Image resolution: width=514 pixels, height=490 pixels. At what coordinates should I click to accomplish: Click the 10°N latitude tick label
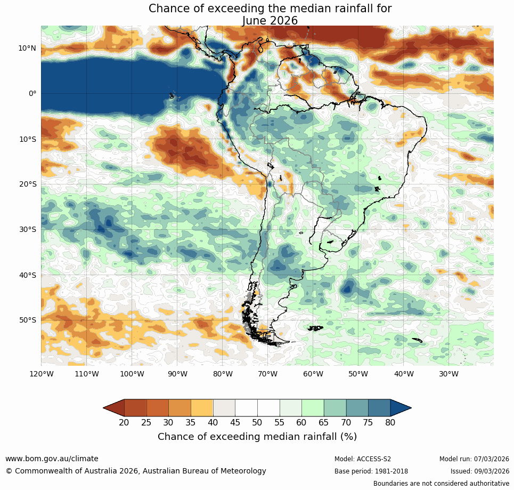(x=27, y=48)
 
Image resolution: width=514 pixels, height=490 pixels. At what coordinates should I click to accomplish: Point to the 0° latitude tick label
(x=32, y=93)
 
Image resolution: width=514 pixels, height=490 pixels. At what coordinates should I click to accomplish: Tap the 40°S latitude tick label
(x=27, y=275)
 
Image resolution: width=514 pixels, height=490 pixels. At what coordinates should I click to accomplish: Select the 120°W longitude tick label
(x=41, y=374)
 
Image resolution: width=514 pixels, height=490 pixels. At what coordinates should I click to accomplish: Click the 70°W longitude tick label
(x=268, y=374)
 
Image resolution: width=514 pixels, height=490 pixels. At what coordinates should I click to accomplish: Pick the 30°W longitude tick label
(x=449, y=374)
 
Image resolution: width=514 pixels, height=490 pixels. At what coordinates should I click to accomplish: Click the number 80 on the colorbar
(x=390, y=423)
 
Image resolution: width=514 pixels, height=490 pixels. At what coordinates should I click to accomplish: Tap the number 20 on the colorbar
(x=124, y=423)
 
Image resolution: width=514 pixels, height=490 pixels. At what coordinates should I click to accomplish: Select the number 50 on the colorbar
(x=257, y=423)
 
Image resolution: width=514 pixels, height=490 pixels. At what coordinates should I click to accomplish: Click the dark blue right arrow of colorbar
(x=400, y=408)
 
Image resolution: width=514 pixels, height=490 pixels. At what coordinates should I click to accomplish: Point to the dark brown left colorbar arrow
(x=114, y=408)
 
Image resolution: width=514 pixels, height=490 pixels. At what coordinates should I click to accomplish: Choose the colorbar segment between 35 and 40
(x=202, y=408)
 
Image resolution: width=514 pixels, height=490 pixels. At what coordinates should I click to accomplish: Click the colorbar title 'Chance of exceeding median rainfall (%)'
(x=257, y=437)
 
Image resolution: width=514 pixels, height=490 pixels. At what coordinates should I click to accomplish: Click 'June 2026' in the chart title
(x=270, y=20)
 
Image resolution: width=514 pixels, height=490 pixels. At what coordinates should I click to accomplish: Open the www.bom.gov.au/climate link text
(x=52, y=459)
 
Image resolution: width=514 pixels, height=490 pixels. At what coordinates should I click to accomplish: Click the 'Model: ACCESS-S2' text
(x=363, y=459)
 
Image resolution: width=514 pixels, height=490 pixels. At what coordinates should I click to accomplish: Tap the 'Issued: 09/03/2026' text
(x=480, y=471)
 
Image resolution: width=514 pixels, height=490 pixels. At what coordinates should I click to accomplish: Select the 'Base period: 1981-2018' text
(x=371, y=471)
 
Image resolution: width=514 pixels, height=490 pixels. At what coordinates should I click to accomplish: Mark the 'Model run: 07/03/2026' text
(x=474, y=459)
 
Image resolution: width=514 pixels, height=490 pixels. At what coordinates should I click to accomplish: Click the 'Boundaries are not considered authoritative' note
(x=441, y=484)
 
